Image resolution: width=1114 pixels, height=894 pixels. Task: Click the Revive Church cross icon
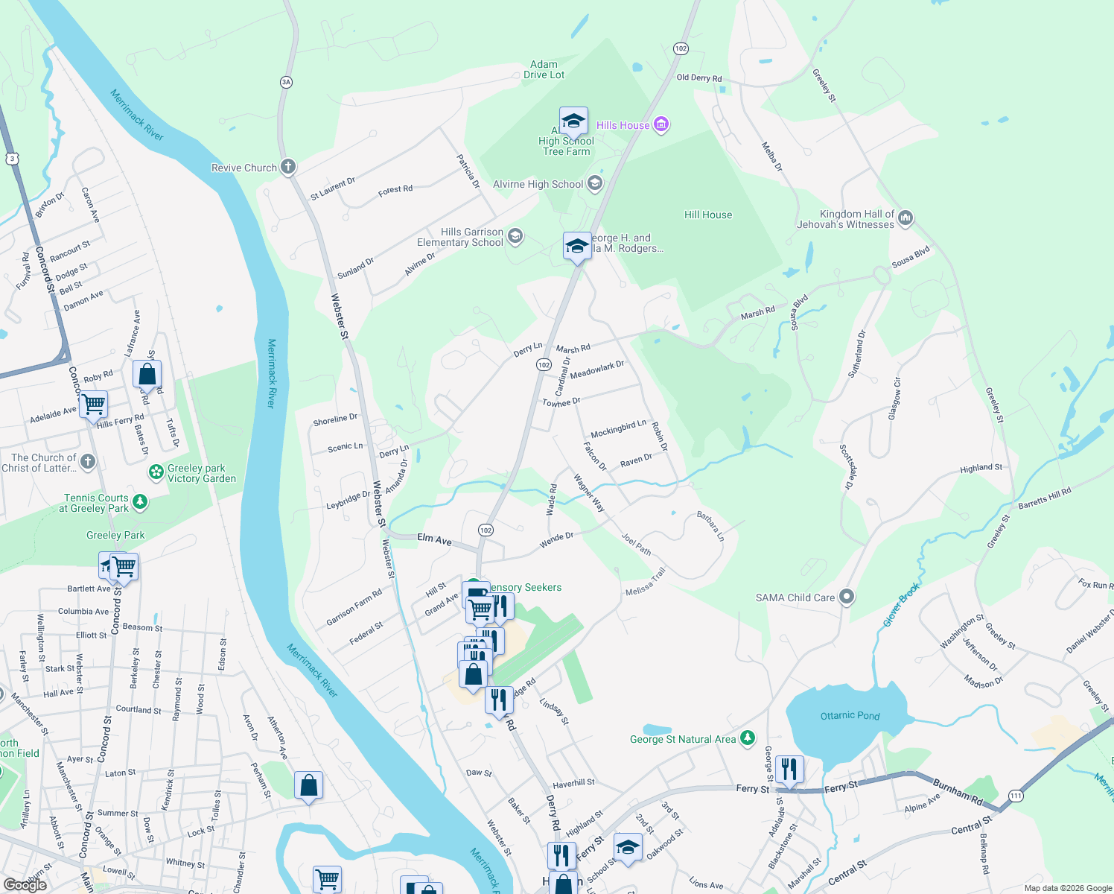pyautogui.click(x=288, y=167)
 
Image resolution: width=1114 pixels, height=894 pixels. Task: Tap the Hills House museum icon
pyautogui.click(x=661, y=124)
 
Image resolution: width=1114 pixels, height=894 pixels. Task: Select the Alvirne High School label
pyautogui.click(x=538, y=184)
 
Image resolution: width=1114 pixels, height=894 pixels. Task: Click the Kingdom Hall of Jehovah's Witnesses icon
pyautogui.click(x=905, y=218)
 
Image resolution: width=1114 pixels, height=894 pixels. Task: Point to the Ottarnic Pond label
pyautogui.click(x=850, y=716)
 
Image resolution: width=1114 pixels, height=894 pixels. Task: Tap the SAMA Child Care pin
pyautogui.click(x=846, y=597)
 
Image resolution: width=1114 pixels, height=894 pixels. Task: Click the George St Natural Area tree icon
pyautogui.click(x=748, y=738)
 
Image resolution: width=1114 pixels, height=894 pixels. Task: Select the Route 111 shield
pyautogui.click(x=1016, y=796)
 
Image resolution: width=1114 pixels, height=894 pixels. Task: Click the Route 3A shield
pyautogui.click(x=286, y=82)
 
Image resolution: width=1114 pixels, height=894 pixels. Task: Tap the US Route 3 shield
pyautogui.click(x=12, y=158)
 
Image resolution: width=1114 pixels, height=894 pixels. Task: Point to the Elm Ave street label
pyautogui.click(x=434, y=539)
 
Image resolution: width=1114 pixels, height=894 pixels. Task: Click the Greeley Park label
pyautogui.click(x=115, y=535)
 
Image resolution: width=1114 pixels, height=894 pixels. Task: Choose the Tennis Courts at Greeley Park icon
pyautogui.click(x=140, y=502)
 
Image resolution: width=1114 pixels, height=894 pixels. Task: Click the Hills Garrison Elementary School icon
pyautogui.click(x=515, y=237)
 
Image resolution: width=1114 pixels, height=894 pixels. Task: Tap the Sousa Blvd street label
pyautogui.click(x=911, y=256)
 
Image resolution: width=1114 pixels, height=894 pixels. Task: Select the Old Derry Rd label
pyautogui.click(x=698, y=77)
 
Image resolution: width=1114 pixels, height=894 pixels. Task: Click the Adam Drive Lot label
pyautogui.click(x=544, y=69)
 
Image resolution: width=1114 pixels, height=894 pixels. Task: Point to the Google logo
pyautogui.click(x=25, y=885)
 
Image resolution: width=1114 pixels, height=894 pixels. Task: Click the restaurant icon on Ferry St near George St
pyautogui.click(x=789, y=767)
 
